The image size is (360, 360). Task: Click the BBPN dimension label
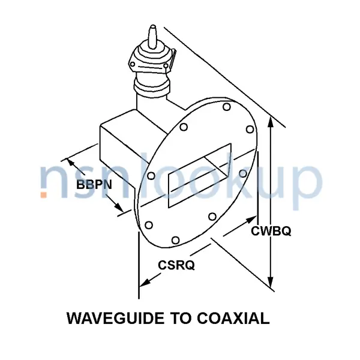(x=94, y=185)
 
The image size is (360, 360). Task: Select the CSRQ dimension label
(x=176, y=265)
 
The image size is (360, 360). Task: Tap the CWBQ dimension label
(x=271, y=231)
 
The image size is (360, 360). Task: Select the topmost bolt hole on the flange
(x=226, y=107)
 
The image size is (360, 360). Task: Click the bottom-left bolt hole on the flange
(x=147, y=226)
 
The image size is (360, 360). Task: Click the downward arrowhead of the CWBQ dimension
(x=271, y=281)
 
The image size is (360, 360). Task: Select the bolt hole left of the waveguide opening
(x=151, y=176)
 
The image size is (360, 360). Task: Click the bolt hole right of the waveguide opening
(x=243, y=173)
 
